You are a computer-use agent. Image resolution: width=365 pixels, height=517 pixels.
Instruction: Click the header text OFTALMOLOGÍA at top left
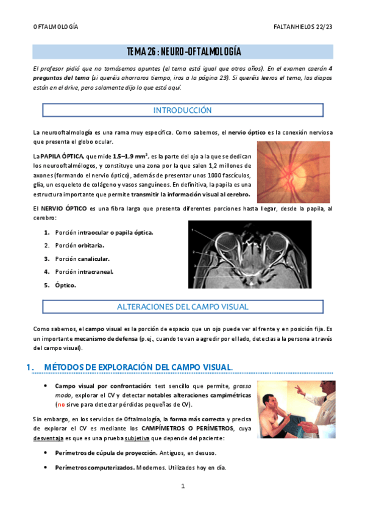(55, 27)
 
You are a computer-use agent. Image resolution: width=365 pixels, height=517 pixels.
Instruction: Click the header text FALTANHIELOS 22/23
(303, 27)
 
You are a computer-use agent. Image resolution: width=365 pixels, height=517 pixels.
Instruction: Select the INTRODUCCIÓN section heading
(182, 110)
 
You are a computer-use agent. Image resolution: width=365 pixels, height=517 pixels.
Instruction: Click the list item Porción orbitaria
(79, 245)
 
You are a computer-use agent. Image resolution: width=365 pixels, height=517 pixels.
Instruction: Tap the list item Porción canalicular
(82, 258)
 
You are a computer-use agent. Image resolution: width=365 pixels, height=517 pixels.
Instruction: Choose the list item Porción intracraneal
(84, 272)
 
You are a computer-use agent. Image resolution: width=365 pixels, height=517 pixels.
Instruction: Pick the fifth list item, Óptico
(65, 285)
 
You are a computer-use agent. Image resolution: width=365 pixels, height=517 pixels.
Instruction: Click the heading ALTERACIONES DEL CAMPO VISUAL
(182, 307)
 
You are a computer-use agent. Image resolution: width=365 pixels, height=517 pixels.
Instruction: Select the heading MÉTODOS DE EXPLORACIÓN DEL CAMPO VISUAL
(139, 366)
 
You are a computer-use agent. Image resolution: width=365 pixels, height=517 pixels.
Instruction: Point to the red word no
(60, 404)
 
